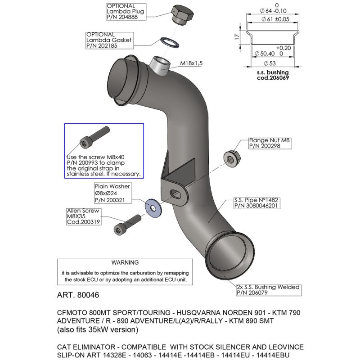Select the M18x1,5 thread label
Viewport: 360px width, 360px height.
(x=191, y=63)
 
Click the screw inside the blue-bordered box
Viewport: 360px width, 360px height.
(x=94, y=136)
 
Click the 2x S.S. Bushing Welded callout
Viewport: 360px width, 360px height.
(x=269, y=287)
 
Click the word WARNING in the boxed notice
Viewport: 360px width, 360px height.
(x=126, y=262)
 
